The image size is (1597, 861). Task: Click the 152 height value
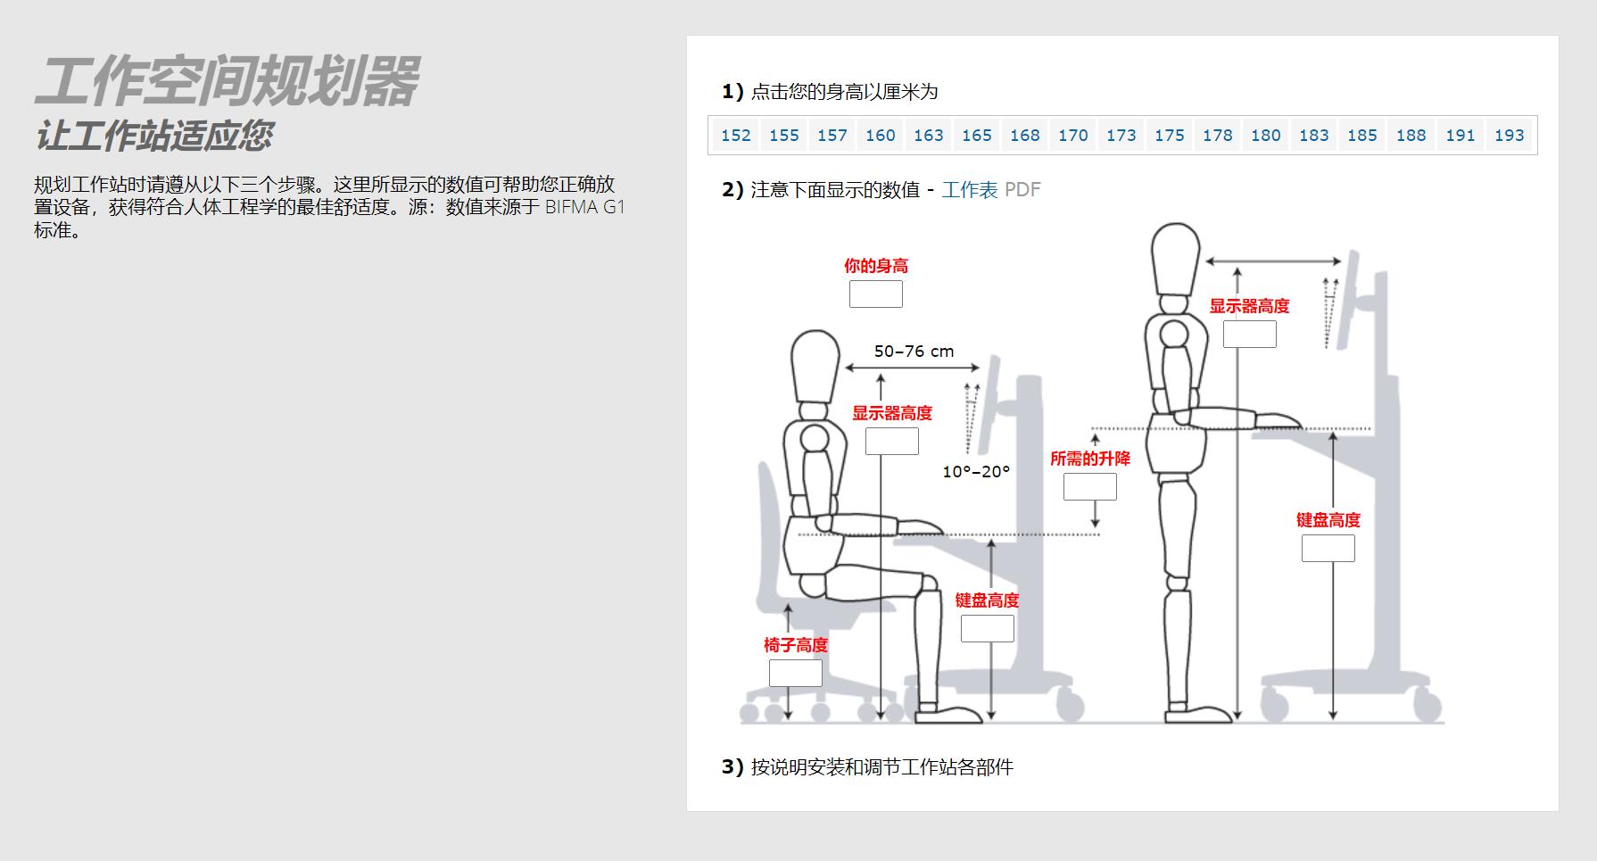[736, 136]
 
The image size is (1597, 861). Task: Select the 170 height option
[1072, 136]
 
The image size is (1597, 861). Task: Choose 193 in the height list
[1509, 136]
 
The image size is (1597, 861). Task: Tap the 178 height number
[1217, 136]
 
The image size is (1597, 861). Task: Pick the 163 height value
[928, 136]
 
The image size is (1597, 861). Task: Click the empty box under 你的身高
[875, 294]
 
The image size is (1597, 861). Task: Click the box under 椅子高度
[795, 673]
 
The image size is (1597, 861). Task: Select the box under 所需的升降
[1089, 487]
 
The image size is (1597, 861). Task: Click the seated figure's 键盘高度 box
[987, 628]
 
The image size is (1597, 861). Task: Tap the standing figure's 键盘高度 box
[1328, 548]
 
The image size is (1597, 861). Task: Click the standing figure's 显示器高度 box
[1249, 335]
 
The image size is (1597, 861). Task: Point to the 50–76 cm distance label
[914, 352]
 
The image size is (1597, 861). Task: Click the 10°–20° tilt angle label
[976, 472]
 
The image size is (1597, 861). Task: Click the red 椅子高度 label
[795, 645]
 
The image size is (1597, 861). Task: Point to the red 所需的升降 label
[1089, 459]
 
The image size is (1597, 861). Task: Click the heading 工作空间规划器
[227, 81]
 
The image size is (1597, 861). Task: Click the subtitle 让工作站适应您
[153, 136]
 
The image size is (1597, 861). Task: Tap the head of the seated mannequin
[815, 366]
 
